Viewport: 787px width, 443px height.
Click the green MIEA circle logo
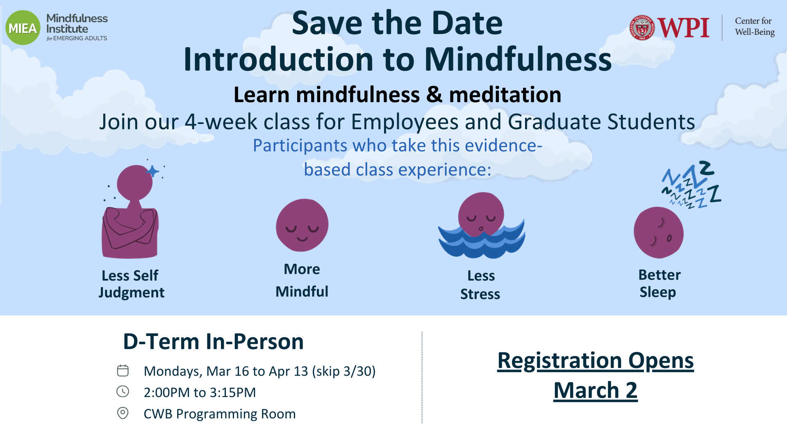point(23,28)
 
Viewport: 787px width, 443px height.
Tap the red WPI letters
point(683,28)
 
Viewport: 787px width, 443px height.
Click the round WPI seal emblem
point(642,28)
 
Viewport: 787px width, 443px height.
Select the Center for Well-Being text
point(755,27)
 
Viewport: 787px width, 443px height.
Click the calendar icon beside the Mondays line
point(123,370)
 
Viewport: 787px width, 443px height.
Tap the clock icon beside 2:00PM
point(123,392)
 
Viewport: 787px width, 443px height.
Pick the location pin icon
point(123,413)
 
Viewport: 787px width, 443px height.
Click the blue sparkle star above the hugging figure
point(152,171)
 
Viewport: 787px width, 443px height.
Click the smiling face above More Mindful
point(302,225)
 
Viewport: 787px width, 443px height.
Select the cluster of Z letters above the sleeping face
point(691,185)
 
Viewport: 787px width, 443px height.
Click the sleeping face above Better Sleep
point(659,233)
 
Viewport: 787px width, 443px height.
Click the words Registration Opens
point(596,361)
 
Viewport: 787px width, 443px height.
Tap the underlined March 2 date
point(596,390)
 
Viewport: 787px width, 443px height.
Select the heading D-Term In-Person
point(213,342)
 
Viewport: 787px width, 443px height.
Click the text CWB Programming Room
point(220,414)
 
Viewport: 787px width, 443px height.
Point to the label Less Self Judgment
point(131,284)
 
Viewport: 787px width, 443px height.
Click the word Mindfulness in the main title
point(518,59)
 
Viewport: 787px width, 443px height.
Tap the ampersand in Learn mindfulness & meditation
point(434,95)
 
